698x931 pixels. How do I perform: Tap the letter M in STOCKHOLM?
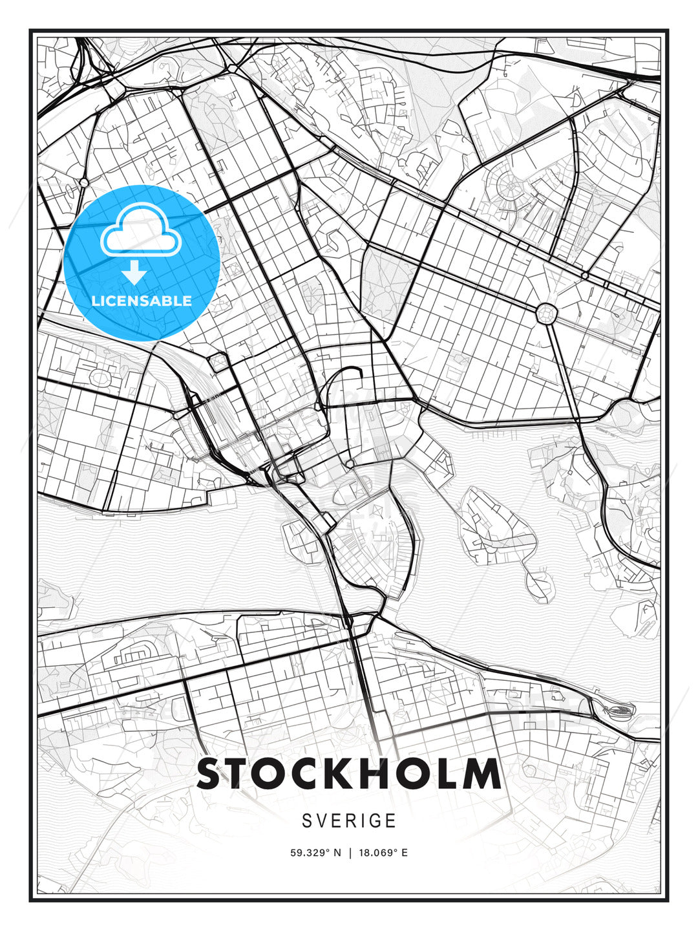(x=480, y=774)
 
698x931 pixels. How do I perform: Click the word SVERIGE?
(x=349, y=821)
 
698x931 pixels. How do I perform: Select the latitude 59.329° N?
(x=315, y=853)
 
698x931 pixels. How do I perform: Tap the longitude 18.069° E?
(x=383, y=853)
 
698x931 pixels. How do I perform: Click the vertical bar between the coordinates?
(x=350, y=853)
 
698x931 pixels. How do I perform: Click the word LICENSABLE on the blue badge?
(x=142, y=301)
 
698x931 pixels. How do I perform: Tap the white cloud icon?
(x=140, y=231)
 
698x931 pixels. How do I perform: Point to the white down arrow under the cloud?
(x=134, y=273)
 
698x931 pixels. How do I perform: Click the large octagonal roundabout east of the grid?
(x=546, y=314)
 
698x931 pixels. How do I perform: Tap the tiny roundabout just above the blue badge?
(x=83, y=183)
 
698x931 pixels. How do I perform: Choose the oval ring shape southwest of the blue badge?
(x=100, y=376)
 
